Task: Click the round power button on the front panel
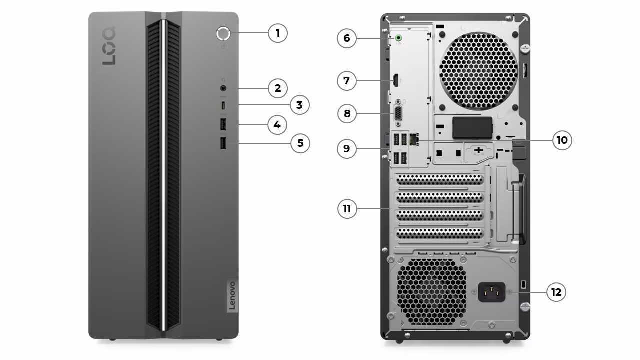pyautogui.click(x=223, y=33)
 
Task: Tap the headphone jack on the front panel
pyautogui.click(x=223, y=88)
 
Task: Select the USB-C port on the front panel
pyautogui.click(x=223, y=105)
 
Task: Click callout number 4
pyautogui.click(x=277, y=124)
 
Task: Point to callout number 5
pyautogui.click(x=300, y=143)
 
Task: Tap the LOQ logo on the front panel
pyautogui.click(x=109, y=46)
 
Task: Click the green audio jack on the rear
pyautogui.click(x=398, y=38)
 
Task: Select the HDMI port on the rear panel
pyautogui.click(x=395, y=80)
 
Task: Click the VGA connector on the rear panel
pyautogui.click(x=398, y=113)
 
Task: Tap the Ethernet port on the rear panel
pyautogui.click(x=413, y=139)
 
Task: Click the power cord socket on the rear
pyautogui.click(x=492, y=292)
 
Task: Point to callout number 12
pyautogui.click(x=556, y=292)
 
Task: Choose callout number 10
pyautogui.click(x=562, y=140)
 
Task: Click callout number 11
pyautogui.click(x=347, y=209)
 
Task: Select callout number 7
pyautogui.click(x=347, y=80)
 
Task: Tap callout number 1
pyautogui.click(x=278, y=33)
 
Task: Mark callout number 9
pyautogui.click(x=347, y=148)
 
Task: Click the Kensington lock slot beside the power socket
pyautogui.click(x=523, y=284)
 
